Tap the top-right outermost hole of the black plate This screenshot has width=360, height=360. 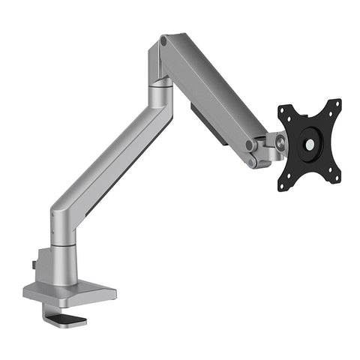coord(336,103)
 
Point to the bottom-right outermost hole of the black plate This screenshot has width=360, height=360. coord(336,176)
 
